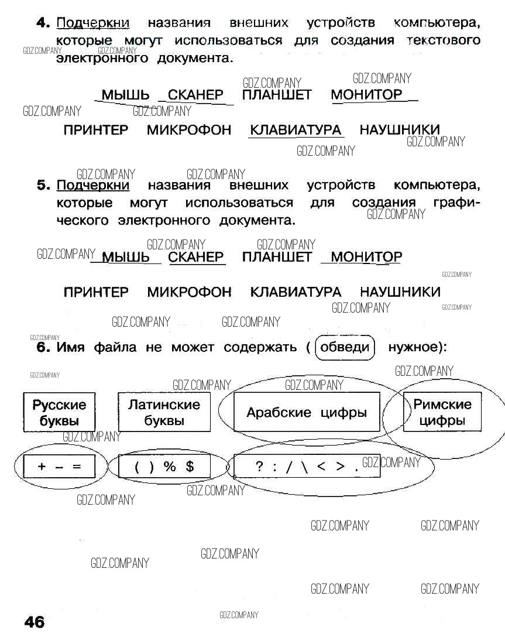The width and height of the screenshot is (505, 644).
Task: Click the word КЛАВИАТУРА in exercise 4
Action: (x=296, y=130)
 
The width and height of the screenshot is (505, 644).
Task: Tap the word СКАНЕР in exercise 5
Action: (x=196, y=257)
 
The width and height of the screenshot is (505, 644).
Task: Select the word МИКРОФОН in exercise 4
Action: (x=189, y=130)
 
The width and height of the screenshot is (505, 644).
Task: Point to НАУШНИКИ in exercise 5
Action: (x=400, y=292)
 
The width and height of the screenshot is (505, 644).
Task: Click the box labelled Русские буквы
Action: (x=59, y=412)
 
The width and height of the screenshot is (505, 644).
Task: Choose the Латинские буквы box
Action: (x=164, y=412)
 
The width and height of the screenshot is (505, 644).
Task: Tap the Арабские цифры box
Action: (x=307, y=412)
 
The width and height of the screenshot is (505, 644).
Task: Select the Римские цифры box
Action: (x=442, y=412)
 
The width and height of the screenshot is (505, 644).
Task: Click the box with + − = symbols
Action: (x=58, y=467)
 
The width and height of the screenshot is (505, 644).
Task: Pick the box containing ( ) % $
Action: (x=164, y=467)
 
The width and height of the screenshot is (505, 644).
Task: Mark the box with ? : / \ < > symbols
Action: (x=307, y=467)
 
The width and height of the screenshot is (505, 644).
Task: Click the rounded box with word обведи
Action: (x=345, y=347)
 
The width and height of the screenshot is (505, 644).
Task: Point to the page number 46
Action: (x=35, y=622)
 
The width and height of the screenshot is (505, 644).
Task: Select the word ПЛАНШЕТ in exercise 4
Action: (x=277, y=95)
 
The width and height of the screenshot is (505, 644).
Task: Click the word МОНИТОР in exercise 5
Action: (x=366, y=257)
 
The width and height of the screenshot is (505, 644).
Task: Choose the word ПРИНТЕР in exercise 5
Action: (x=96, y=292)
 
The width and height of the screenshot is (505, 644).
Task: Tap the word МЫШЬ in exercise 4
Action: (x=125, y=95)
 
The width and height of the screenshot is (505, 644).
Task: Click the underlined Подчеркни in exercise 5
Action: (x=93, y=186)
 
